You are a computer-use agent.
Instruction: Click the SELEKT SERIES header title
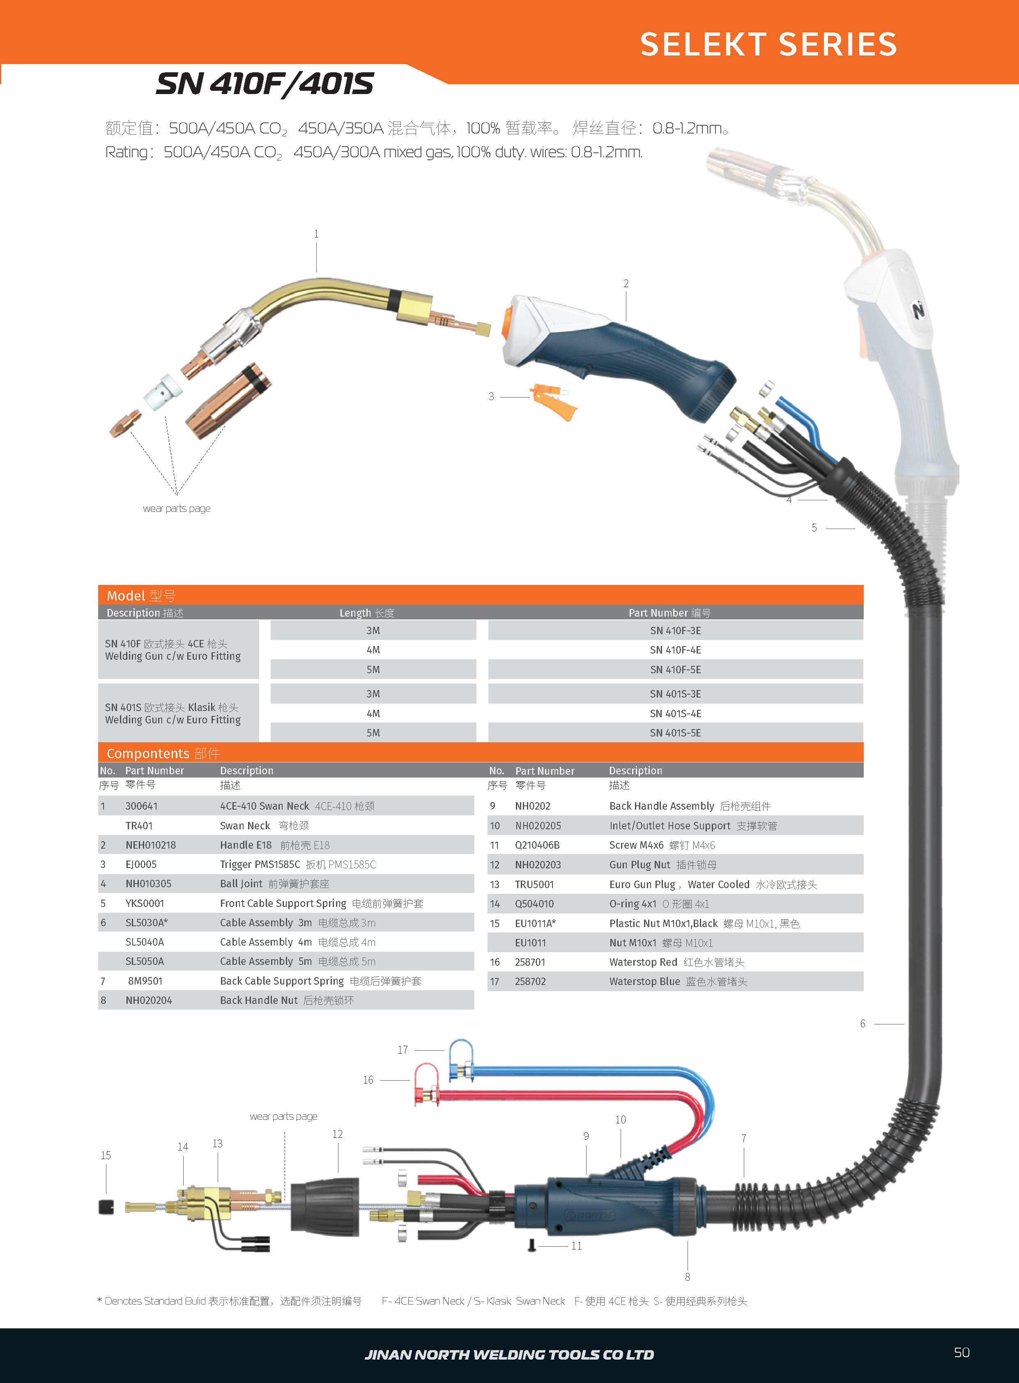tap(768, 44)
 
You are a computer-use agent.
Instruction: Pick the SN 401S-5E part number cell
tap(675, 733)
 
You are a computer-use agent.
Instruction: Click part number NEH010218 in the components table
tap(150, 845)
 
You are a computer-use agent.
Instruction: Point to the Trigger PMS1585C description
tap(260, 864)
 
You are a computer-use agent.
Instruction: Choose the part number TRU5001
tap(534, 884)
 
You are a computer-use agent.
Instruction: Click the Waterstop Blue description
tap(644, 981)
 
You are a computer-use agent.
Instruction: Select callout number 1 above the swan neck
tap(316, 234)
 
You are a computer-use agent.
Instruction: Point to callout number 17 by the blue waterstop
tap(403, 1050)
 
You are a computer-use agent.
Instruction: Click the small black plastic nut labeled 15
tap(106, 1206)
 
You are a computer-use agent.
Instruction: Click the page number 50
tap(961, 1352)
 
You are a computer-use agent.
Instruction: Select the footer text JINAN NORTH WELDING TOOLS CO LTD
tap(509, 1355)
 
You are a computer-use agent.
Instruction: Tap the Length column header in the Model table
tap(366, 612)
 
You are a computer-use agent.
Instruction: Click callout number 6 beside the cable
tap(863, 1023)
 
